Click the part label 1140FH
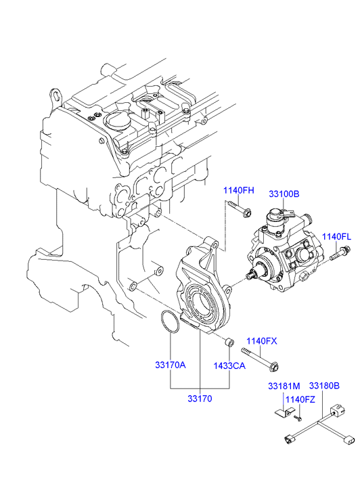pos(239,190)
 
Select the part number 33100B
pos(284,194)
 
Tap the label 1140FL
pos(336,237)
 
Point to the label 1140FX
pos(262,341)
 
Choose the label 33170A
pos(171,365)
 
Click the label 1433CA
pos(229,365)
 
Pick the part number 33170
pos(200,399)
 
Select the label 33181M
pos(284,386)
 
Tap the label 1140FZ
pos(300,399)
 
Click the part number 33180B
pos(325,386)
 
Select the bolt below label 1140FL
pos(340,253)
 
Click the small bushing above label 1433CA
pos(229,342)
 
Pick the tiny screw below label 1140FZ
pos(298,418)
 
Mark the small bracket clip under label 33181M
pos(285,413)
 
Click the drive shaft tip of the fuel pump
pos(250,276)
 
